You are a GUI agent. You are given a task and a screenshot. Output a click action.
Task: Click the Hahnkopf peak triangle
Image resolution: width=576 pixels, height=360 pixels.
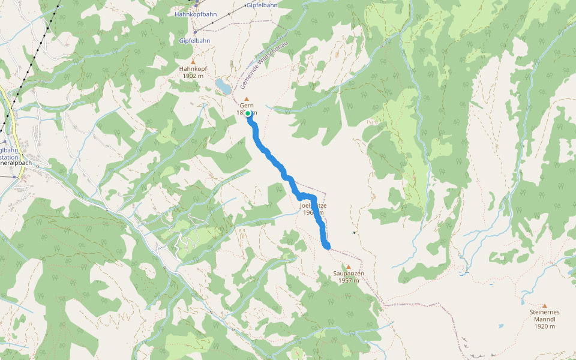[193, 62]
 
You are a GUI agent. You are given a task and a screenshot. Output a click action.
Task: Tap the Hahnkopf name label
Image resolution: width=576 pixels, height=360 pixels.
[193, 68]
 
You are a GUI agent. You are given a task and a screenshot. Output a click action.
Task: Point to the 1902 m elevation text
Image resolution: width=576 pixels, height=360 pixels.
[193, 76]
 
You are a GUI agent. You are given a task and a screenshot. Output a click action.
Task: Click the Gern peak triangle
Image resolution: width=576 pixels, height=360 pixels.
[246, 98]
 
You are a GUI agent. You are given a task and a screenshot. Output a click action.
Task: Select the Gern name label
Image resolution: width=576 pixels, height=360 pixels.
[247, 105]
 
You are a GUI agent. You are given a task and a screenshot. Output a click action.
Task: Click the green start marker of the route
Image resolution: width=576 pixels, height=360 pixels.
[248, 113]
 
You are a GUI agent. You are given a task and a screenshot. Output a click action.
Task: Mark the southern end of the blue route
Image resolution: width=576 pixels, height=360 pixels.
[327, 245]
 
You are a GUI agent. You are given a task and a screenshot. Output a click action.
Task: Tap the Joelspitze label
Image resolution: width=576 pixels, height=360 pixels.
[313, 205]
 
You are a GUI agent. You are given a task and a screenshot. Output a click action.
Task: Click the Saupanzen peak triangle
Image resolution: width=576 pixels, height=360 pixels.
[348, 266]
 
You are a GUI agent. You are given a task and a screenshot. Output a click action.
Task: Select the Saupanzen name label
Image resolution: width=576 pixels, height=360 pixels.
[349, 273]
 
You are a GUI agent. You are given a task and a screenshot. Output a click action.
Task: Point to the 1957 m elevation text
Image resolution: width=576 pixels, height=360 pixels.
[349, 280]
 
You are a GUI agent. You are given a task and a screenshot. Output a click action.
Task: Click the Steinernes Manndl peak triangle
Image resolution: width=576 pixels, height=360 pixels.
[545, 305]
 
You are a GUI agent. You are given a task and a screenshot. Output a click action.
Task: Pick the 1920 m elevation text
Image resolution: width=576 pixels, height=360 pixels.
[545, 326]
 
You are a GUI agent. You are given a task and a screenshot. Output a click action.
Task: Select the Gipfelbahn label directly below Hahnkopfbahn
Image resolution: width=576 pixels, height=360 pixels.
[194, 41]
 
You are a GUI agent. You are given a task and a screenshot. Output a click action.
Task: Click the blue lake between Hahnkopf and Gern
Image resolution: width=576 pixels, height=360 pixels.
[223, 86]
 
